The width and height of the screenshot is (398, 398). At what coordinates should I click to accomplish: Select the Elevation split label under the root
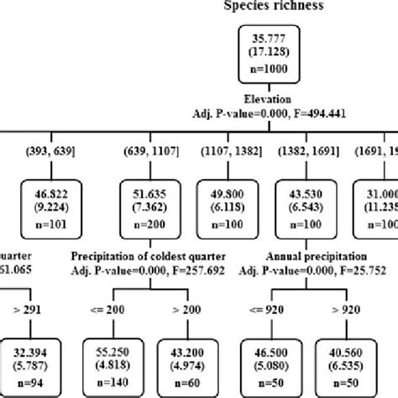264,99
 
